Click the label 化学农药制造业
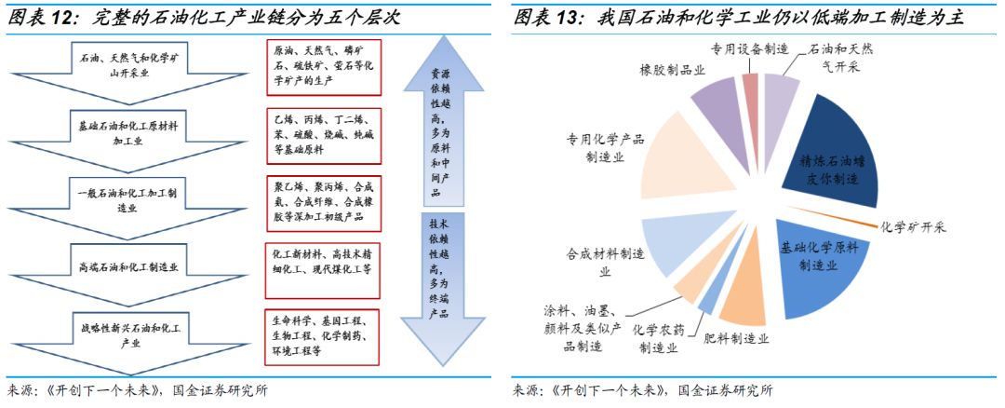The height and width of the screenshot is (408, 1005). (658, 337)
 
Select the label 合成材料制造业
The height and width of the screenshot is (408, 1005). (606, 261)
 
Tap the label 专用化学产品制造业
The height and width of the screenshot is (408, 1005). (604, 148)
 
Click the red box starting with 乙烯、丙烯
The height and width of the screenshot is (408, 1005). (322, 134)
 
